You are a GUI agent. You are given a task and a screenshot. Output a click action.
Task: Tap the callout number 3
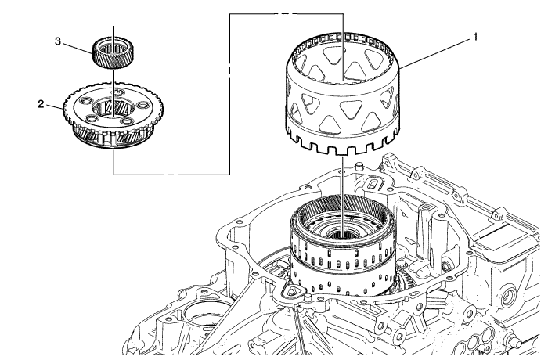pos(79,44)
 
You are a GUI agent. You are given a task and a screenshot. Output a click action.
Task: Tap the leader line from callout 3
pos(89,47)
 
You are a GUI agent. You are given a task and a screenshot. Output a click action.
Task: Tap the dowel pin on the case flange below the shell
pos(355,167)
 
